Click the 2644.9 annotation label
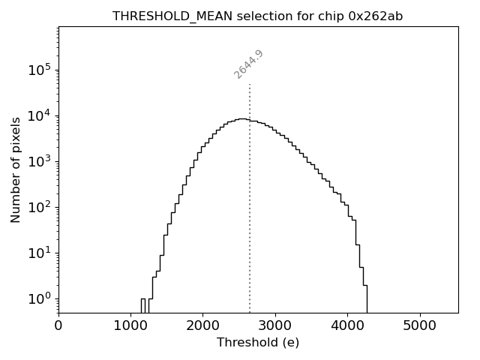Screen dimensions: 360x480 point(248,64)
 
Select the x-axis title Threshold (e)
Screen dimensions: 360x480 point(258,343)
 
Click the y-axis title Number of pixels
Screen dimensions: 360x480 point(16,169)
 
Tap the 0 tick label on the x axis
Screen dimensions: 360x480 point(58,326)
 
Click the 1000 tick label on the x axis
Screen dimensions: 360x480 point(130,326)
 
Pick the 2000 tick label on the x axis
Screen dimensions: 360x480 point(202,326)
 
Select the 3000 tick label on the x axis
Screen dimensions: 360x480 point(275,326)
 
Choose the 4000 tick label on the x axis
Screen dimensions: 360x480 point(347,326)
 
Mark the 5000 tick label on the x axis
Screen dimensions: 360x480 point(419,326)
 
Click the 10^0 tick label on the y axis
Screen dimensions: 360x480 point(40,298)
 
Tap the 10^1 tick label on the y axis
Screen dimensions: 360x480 point(40,253)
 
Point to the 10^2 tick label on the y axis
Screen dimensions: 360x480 point(40,207)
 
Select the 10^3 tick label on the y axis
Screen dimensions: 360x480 point(40,161)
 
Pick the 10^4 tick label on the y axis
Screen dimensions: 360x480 point(40,115)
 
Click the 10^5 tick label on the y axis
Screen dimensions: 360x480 point(40,70)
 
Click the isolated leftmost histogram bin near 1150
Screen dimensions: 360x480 point(142,305)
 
